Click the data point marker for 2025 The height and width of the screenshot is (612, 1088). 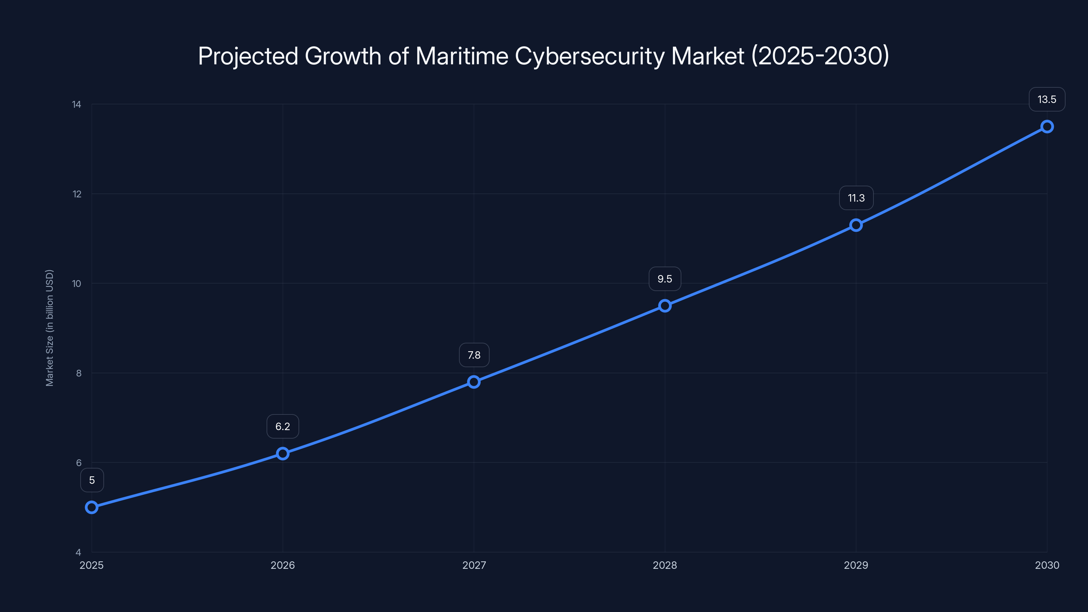pos(92,507)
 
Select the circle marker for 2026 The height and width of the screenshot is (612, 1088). pos(283,453)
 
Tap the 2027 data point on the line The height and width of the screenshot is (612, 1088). pos(474,382)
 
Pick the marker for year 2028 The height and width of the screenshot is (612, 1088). pos(665,305)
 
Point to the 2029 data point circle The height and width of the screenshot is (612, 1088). pos(856,225)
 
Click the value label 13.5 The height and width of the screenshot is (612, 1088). pos(1047,99)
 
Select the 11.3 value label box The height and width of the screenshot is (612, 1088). pos(856,198)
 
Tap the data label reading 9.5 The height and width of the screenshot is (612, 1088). pos(665,279)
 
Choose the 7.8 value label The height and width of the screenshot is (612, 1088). pos(474,355)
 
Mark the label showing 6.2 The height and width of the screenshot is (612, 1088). pos(283,426)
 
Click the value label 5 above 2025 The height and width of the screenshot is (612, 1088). pos(92,480)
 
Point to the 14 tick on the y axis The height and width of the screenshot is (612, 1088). pos(76,104)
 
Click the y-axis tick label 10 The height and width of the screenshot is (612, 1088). pos(76,284)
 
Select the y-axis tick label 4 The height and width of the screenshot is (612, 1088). pos(78,552)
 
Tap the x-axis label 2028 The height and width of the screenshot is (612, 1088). pos(665,565)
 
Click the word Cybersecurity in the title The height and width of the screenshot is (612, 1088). pos(589,56)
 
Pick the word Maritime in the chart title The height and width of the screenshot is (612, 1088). pos(462,56)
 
